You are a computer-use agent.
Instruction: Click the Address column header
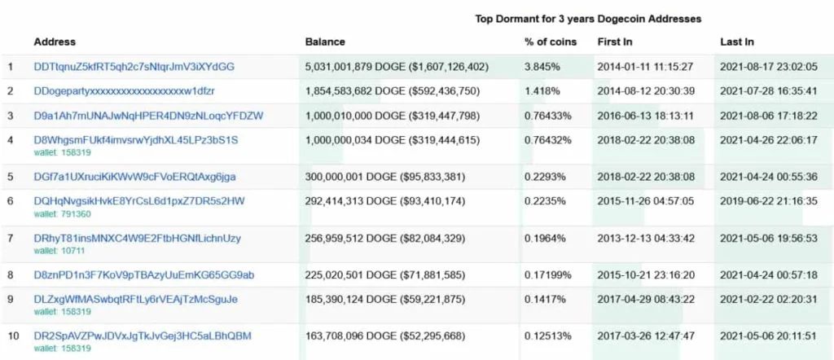tap(55, 42)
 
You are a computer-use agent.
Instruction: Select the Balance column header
tap(325, 42)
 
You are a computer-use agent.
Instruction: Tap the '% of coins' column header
tap(551, 42)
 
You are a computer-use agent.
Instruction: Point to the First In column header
tap(615, 42)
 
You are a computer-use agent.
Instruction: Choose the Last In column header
tap(737, 42)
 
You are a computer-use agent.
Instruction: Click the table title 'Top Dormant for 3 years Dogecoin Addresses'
tap(588, 20)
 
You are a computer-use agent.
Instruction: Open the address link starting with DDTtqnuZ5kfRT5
tap(134, 67)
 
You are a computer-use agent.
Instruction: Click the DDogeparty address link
tap(125, 91)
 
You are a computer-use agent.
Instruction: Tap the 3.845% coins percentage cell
tap(542, 67)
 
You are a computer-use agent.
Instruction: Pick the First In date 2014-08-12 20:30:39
tap(646, 91)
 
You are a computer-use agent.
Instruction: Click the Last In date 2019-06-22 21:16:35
tap(769, 201)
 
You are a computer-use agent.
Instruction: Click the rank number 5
tap(10, 177)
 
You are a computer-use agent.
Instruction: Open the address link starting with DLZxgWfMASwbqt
tap(136, 300)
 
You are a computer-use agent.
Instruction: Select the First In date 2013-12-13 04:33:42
tap(646, 238)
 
